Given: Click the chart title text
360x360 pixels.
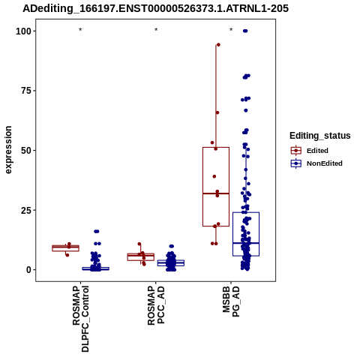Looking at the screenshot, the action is point(155,8).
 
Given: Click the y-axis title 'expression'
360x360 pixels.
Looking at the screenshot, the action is point(8,150).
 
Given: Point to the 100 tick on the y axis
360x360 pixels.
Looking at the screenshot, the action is point(24,31).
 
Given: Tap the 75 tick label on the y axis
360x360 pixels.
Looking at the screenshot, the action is point(26,91).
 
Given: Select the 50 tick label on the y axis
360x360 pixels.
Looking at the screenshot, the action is point(26,151).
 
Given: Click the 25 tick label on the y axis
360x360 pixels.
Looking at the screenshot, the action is point(26,210).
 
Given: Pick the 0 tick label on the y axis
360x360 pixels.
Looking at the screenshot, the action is point(29,270).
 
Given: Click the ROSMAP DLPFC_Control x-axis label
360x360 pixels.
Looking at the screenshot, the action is point(80,319).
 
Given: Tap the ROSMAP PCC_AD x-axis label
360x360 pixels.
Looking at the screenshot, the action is point(156,305).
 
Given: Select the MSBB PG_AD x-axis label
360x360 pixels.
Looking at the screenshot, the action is point(231,301).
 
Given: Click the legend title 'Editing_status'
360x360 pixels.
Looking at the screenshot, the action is point(320,136).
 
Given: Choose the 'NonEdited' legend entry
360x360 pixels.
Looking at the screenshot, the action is point(316,163).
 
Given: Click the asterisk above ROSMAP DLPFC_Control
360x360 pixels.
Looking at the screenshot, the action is point(80,30).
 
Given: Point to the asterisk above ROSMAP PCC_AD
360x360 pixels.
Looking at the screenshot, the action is point(156,30).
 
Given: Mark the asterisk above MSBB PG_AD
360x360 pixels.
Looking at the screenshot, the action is point(231,30).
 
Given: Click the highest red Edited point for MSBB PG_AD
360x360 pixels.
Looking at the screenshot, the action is point(218,45).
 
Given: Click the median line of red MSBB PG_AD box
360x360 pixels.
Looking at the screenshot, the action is point(216,193).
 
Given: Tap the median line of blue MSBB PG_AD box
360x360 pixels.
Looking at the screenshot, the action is point(246,243).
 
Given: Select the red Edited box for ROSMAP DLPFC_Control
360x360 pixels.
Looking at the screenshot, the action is point(65,248).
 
